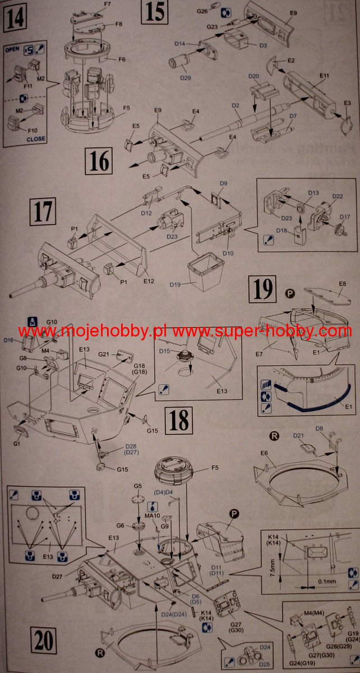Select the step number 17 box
tap(45, 213)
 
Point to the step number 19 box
tap(264, 289)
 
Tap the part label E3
tap(347, 104)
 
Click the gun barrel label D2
tap(236, 105)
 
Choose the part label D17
tap(345, 216)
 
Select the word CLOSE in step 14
tap(36, 139)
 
